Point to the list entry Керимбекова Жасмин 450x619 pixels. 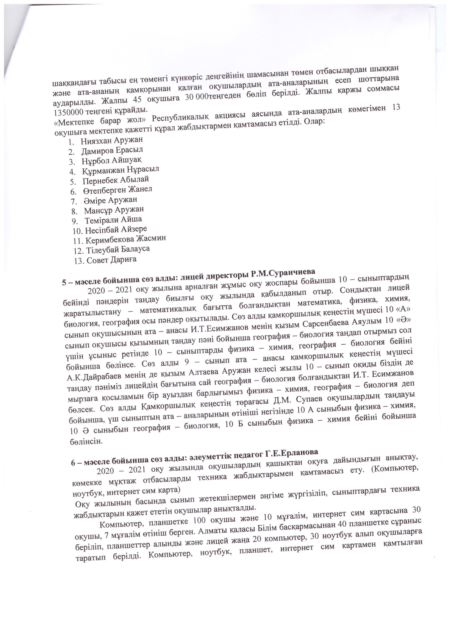click(126, 239)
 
